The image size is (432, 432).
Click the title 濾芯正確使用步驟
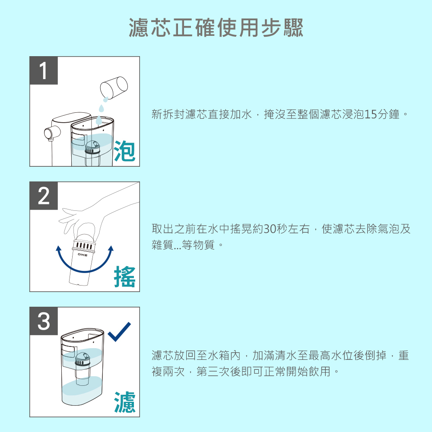(x=216, y=28)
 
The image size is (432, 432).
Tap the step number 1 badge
(x=44, y=70)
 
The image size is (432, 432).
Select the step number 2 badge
(x=44, y=196)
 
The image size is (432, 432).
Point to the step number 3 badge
(x=44, y=321)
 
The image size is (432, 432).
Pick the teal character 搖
(x=124, y=276)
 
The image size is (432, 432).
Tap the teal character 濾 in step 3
(x=124, y=402)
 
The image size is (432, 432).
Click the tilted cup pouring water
(x=114, y=88)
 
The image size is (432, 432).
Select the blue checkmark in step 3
(x=119, y=331)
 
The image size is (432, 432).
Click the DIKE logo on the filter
(x=83, y=255)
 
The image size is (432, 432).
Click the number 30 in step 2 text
(x=270, y=229)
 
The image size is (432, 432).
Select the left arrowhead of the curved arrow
(x=58, y=248)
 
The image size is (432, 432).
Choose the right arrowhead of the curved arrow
(x=111, y=248)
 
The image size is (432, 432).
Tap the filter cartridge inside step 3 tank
(x=83, y=368)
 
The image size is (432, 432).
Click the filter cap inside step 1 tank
(x=92, y=147)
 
